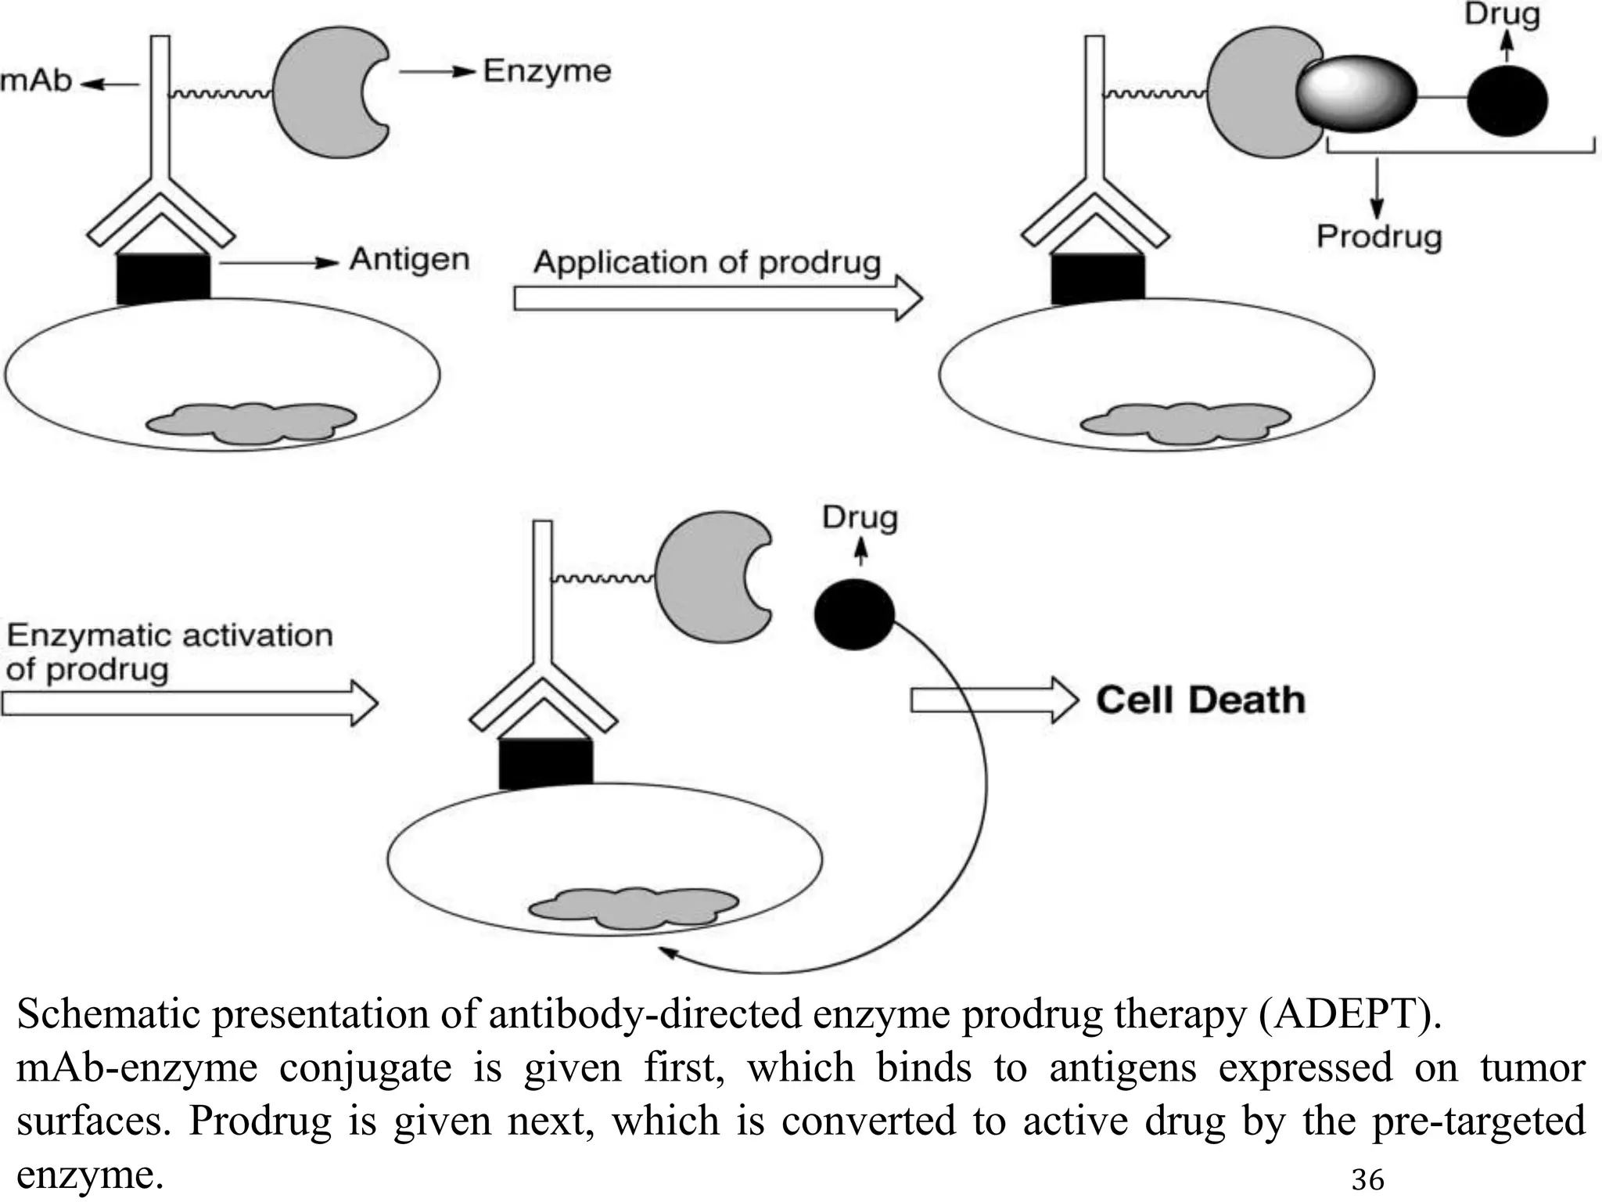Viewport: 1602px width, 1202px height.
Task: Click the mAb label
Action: tap(35, 81)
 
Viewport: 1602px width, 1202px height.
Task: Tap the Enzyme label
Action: tap(546, 71)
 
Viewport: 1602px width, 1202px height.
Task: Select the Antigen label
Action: tap(408, 259)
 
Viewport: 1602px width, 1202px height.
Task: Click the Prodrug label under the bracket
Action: tap(1378, 236)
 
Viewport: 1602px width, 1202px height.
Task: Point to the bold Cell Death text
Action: tap(1200, 700)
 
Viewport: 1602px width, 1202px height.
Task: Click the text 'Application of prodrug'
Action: tap(706, 263)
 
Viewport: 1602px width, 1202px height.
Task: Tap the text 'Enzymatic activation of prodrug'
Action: tap(168, 652)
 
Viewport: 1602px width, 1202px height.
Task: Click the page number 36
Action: tap(1367, 1179)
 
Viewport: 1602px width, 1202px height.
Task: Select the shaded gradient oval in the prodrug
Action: tap(1355, 96)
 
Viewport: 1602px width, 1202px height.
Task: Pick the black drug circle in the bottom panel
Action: tap(853, 614)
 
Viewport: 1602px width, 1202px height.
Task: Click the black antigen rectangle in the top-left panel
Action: tap(163, 278)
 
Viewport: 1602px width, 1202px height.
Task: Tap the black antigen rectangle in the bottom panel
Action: tap(545, 762)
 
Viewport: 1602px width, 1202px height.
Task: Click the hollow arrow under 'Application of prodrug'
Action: tap(716, 298)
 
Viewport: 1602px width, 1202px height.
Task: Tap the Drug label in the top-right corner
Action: tap(1501, 14)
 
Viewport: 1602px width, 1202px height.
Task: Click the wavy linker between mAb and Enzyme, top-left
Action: tap(221, 94)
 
